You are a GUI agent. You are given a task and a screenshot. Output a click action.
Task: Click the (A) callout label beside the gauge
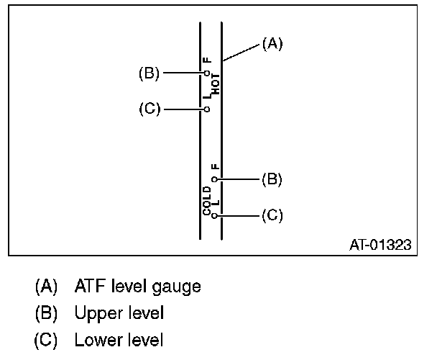click(x=272, y=44)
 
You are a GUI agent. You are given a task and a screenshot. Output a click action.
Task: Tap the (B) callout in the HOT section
click(x=149, y=73)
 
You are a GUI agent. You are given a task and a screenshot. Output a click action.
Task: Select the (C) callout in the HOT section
click(x=149, y=109)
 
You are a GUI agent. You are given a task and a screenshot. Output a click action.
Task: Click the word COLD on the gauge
click(x=207, y=200)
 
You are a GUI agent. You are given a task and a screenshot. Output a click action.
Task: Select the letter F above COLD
click(x=214, y=167)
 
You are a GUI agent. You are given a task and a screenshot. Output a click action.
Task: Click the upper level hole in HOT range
click(x=206, y=73)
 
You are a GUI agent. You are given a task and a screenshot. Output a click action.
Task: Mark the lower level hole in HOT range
click(x=206, y=109)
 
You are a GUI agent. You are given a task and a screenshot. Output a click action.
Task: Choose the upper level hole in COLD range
click(x=214, y=179)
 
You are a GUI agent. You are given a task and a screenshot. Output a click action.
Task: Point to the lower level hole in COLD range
click(x=214, y=215)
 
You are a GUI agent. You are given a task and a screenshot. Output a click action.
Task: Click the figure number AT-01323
click(x=379, y=245)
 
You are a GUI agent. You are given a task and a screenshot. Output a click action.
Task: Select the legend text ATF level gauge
click(x=137, y=287)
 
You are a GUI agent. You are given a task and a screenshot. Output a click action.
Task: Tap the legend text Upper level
click(x=119, y=313)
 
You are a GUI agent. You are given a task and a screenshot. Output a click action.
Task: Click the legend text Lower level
click(x=119, y=340)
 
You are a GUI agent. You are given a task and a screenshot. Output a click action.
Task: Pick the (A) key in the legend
click(x=47, y=287)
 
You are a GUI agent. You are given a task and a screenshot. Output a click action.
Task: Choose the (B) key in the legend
click(x=47, y=313)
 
